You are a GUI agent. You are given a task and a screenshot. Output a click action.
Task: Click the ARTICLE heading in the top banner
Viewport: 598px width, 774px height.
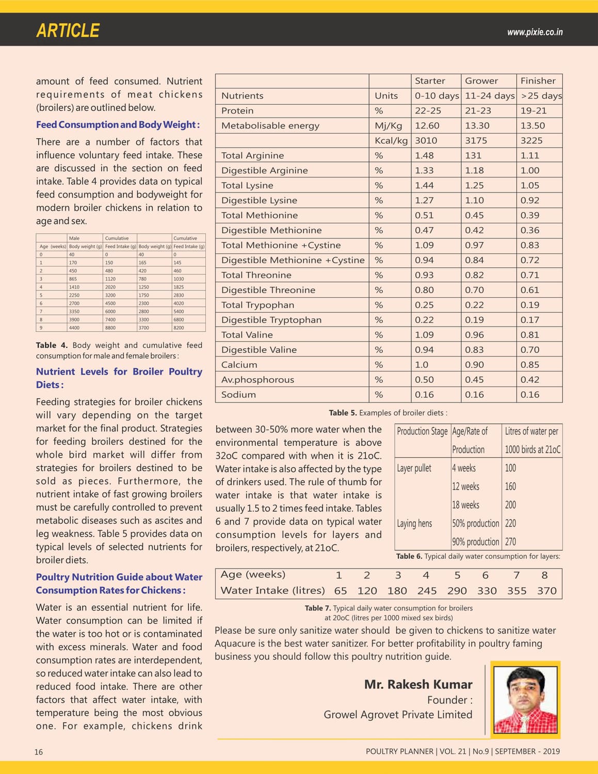pyautogui.click(x=68, y=30)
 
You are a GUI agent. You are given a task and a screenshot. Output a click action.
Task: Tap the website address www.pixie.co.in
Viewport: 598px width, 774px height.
pyautogui.click(x=535, y=32)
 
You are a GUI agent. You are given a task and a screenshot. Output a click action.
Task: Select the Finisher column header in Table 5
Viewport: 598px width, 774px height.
pyautogui.click(x=538, y=80)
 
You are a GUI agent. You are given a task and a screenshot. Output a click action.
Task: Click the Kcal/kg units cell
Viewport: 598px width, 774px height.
pyautogui.click(x=391, y=140)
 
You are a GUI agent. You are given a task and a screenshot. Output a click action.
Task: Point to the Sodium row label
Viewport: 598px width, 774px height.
pyautogui.click(x=238, y=394)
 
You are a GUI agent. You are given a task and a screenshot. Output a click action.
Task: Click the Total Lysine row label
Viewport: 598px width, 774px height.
pyautogui.click(x=247, y=185)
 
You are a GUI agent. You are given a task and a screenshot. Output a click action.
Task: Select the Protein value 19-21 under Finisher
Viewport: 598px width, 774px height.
pyautogui.click(x=533, y=110)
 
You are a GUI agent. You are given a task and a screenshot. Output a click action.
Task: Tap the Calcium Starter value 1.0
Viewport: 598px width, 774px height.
pyautogui.click(x=422, y=364)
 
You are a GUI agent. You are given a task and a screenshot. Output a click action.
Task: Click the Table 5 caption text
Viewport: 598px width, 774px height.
pyautogui.click(x=388, y=413)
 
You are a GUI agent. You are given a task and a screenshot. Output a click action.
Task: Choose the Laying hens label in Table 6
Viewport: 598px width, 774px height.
pyautogui.click(x=414, y=523)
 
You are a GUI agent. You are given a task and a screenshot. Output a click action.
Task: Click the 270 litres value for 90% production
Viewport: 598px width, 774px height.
pyautogui.click(x=510, y=542)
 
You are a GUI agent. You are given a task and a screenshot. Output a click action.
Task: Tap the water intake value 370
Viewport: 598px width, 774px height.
pyautogui.click(x=546, y=591)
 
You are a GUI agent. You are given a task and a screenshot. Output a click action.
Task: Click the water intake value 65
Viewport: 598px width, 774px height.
pyautogui.click(x=341, y=591)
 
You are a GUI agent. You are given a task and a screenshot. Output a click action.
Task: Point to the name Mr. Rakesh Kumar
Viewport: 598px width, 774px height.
pyautogui.click(x=418, y=684)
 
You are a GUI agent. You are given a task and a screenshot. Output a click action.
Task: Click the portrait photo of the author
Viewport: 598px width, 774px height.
pyautogui.click(x=525, y=700)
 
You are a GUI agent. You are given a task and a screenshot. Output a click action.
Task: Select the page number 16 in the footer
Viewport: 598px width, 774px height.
pyautogui.click(x=39, y=752)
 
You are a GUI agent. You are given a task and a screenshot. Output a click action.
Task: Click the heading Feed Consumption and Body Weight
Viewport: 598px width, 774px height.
pyautogui.click(x=118, y=124)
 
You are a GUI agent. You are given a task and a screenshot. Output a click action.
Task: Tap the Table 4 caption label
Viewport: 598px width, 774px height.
pyautogui.click(x=52, y=345)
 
